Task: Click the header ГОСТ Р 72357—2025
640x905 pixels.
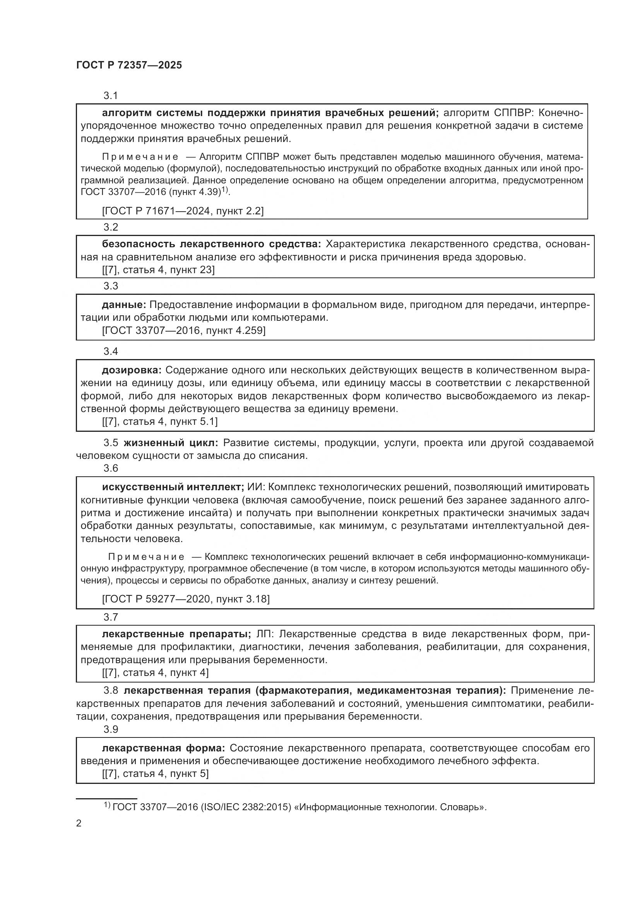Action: (x=129, y=65)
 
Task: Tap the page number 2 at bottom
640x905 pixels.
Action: (x=79, y=823)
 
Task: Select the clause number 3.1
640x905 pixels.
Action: (x=111, y=96)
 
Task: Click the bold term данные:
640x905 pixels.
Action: (x=124, y=305)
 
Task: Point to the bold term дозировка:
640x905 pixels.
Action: (x=132, y=370)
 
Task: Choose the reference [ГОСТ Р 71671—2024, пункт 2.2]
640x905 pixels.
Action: (x=183, y=211)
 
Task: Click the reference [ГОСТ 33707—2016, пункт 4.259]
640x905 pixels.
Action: (x=184, y=330)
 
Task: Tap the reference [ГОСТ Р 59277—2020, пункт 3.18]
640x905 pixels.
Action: (x=186, y=599)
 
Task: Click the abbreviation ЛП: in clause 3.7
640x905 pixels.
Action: (x=264, y=634)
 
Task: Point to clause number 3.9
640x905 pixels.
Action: (x=111, y=730)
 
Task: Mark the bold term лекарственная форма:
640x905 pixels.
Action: (x=163, y=748)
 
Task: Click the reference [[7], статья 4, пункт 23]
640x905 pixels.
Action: (x=158, y=270)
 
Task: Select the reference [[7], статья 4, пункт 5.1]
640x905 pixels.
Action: (x=159, y=422)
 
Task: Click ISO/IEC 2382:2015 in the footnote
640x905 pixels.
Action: (x=246, y=807)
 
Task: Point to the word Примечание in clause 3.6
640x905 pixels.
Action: (x=146, y=557)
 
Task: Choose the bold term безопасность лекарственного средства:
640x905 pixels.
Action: (x=211, y=245)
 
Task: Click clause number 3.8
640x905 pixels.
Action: (x=111, y=691)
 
